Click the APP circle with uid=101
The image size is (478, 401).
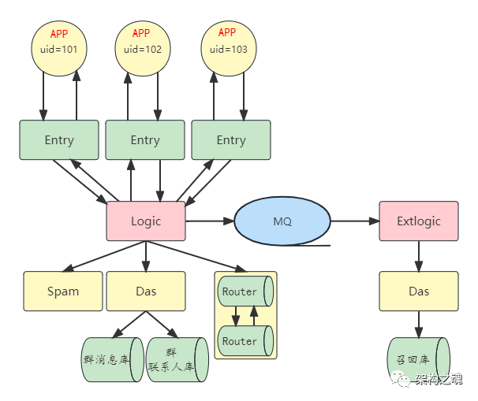[x=59, y=48]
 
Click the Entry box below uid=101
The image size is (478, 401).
[x=59, y=140]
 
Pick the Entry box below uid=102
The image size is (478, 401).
[x=145, y=140]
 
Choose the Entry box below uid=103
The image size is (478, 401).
[x=231, y=140]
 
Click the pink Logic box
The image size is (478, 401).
[x=146, y=221]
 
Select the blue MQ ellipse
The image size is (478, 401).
[x=282, y=221]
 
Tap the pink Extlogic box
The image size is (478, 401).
[x=419, y=221]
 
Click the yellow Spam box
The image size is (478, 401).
[x=63, y=291]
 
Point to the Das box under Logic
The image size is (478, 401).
[x=146, y=291]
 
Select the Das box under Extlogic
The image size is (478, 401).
[x=419, y=291]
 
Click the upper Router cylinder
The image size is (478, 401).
[x=244, y=291]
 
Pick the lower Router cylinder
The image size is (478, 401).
[x=244, y=341]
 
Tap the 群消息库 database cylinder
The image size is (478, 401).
[x=110, y=359]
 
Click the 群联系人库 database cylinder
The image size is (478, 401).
[x=176, y=359]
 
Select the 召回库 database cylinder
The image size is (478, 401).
[x=418, y=359]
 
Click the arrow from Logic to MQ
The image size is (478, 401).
[x=209, y=221]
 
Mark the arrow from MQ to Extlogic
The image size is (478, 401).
[x=354, y=221]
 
